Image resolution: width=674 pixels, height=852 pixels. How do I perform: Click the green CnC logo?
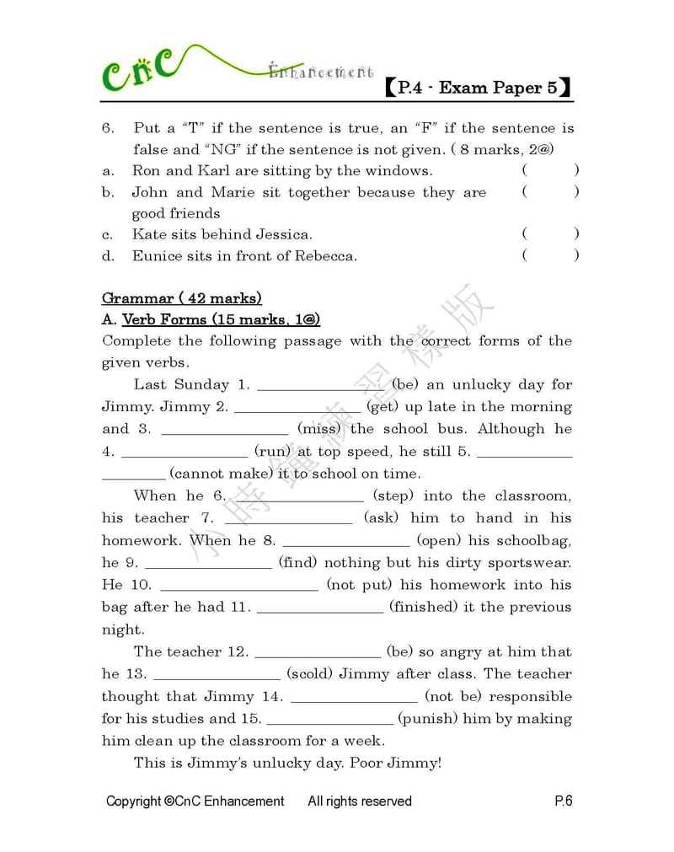[139, 70]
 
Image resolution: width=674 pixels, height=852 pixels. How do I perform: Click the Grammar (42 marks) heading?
[181, 298]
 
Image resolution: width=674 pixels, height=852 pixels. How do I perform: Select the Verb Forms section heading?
[221, 320]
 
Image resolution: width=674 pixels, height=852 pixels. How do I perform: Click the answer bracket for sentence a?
[550, 170]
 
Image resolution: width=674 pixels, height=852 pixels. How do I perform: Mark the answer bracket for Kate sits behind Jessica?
[550, 234]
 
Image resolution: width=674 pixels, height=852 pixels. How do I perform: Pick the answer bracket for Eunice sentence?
[550, 256]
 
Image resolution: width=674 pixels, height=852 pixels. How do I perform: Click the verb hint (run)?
[273, 452]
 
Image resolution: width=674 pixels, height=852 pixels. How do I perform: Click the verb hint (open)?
[437, 540]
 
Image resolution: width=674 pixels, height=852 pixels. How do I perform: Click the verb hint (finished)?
[423, 607]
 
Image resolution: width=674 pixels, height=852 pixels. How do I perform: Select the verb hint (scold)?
[313, 674]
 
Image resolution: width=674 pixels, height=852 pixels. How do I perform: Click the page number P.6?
[563, 801]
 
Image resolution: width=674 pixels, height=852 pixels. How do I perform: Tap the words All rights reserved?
[360, 801]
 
